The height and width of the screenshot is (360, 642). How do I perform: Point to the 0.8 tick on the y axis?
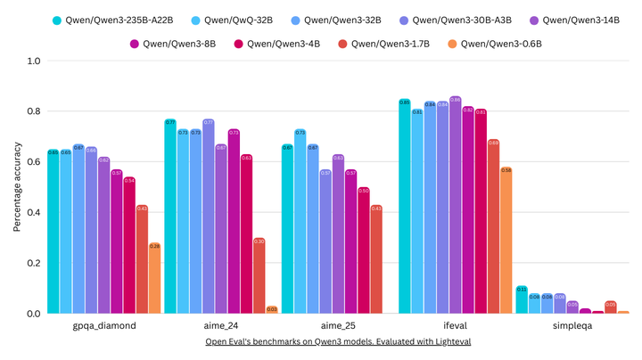[x=32, y=111]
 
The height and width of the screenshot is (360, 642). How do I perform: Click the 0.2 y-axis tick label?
[x=32, y=264]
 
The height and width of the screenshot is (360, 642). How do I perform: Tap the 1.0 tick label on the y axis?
[x=32, y=61]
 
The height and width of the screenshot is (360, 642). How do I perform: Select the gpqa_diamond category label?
[x=104, y=326]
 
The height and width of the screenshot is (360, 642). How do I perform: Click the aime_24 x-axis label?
[x=221, y=326]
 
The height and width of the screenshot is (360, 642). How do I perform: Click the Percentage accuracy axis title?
[x=17, y=187]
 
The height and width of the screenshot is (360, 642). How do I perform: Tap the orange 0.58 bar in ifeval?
[x=506, y=241]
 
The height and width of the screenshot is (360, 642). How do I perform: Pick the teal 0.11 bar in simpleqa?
[x=522, y=300]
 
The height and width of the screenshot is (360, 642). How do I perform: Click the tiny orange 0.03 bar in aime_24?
[x=272, y=310]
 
